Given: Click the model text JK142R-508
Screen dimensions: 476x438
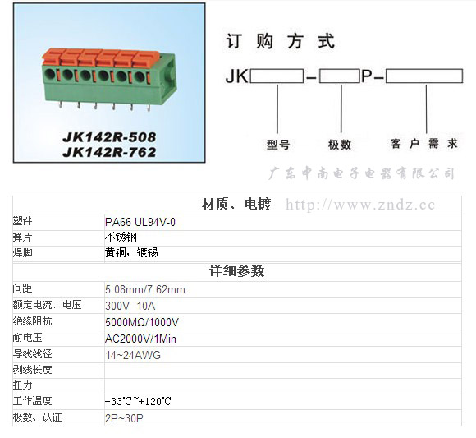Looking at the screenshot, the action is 109,137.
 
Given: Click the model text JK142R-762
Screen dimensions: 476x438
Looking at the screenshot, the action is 109,152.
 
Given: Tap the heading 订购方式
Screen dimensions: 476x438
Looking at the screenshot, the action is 280,41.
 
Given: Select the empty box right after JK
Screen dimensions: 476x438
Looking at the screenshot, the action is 277,76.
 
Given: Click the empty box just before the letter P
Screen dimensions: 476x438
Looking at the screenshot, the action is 340,76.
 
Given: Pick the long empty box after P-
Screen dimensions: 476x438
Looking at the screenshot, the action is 424,76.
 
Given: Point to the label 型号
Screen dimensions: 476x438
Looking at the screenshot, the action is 278,145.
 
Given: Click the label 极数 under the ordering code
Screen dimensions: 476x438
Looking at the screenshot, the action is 340,145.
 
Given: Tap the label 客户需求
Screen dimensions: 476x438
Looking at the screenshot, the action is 424,144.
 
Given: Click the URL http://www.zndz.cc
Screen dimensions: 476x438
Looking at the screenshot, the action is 360,205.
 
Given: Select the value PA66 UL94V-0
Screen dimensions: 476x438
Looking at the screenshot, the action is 140,222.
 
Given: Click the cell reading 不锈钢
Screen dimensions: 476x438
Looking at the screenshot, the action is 121,237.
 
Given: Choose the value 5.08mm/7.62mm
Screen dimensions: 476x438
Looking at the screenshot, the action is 145,289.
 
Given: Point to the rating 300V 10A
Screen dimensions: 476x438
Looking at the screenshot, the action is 130,306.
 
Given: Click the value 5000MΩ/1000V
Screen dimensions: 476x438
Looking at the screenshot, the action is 142,322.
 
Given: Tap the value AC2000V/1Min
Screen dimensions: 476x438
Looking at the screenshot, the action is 140,339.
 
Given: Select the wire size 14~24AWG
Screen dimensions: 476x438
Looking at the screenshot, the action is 133,355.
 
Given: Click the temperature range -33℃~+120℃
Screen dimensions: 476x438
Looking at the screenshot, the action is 138,401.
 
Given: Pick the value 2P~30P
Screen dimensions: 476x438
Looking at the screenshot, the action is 124,418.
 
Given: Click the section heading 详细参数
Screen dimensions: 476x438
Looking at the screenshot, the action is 237,271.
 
